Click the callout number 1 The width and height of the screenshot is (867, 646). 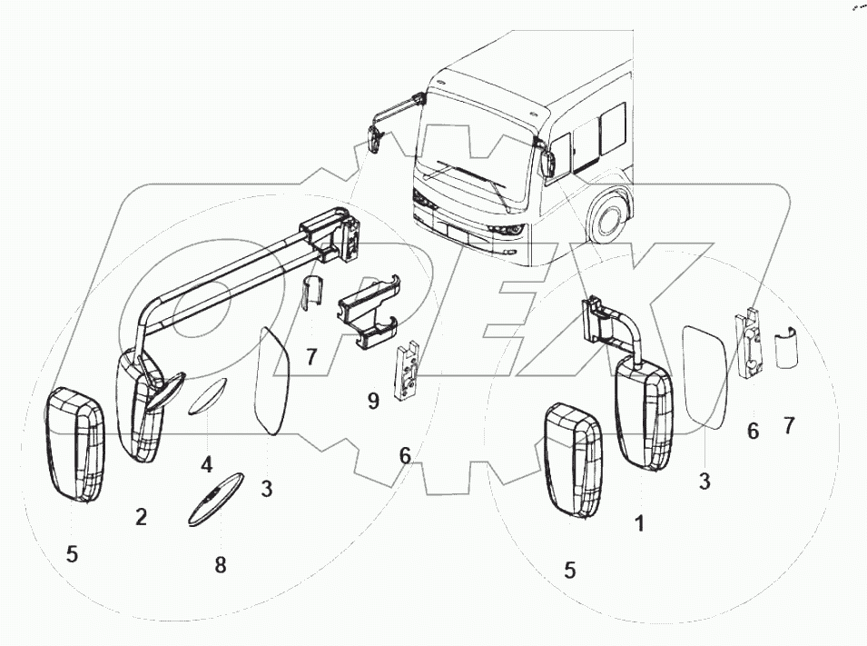[x=640, y=523]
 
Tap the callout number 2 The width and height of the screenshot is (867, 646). [x=141, y=517]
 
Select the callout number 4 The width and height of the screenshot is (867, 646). [x=207, y=465]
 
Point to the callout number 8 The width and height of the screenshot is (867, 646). [x=221, y=564]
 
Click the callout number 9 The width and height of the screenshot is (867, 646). [x=373, y=401]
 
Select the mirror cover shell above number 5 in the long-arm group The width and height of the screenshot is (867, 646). [x=78, y=442]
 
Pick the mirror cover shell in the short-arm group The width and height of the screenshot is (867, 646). [x=573, y=462]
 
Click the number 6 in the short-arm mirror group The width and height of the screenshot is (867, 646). [x=753, y=432]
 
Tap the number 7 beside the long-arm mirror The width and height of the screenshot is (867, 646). [x=311, y=357]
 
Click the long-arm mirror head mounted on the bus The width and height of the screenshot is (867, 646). [x=373, y=141]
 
